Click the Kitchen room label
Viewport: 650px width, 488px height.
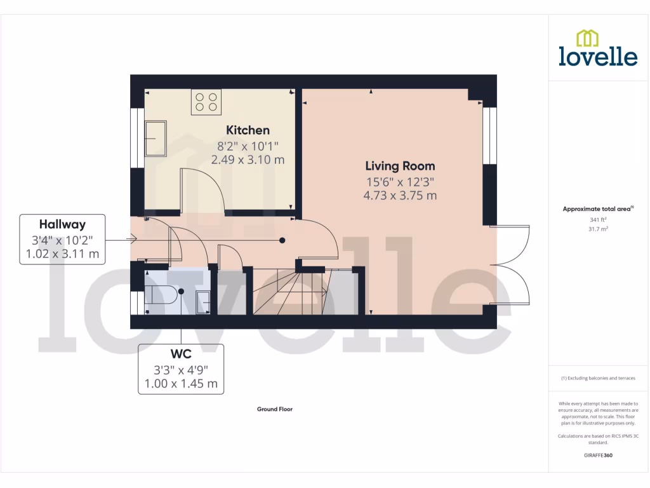coord(247,130)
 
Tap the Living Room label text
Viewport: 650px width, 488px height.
coord(399,166)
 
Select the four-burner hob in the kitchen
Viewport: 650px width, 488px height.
coord(206,102)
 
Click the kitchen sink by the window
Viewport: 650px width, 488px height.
coord(156,139)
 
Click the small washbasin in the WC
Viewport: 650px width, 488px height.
coord(202,299)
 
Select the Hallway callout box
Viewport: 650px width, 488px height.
coord(62,240)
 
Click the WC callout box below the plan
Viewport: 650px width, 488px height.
coord(181,369)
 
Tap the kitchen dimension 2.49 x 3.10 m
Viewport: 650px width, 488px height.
coord(247,159)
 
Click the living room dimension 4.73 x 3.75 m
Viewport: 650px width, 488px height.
coord(399,196)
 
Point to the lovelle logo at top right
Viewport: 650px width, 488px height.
coord(597,48)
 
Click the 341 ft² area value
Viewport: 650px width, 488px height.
coord(597,219)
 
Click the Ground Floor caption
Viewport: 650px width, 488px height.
coord(274,409)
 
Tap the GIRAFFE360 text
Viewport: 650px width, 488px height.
coord(597,456)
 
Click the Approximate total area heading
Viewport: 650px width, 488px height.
coord(597,208)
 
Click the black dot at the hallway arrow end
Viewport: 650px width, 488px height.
coord(282,240)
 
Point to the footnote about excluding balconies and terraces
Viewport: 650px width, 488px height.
coord(597,378)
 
